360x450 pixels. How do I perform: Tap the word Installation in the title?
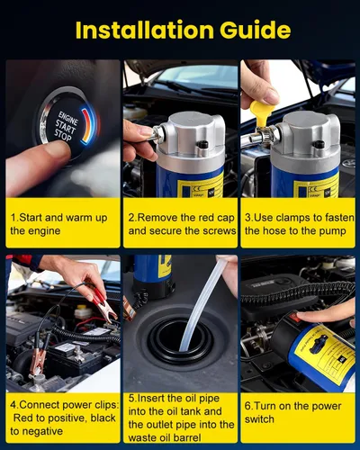[144, 30]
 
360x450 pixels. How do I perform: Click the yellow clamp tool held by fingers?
[260, 113]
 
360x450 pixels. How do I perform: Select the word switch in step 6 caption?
[259, 419]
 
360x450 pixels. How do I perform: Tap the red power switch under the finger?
[296, 317]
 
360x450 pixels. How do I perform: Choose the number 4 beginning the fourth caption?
[13, 405]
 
